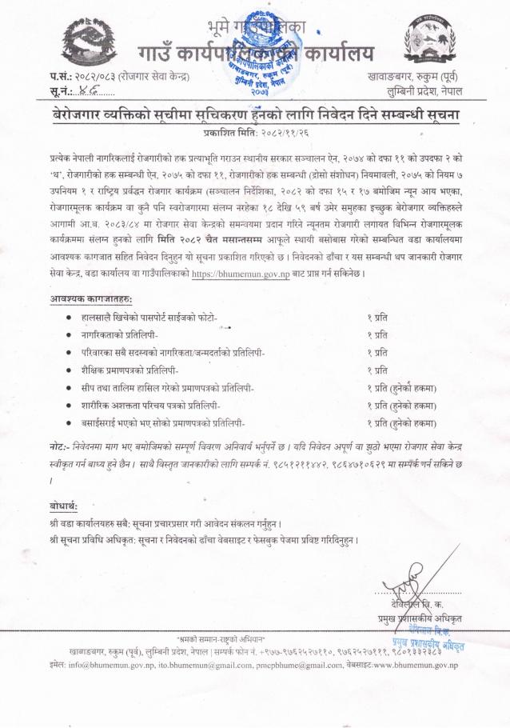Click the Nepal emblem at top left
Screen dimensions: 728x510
[32, 44]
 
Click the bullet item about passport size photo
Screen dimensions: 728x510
[155, 318]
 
